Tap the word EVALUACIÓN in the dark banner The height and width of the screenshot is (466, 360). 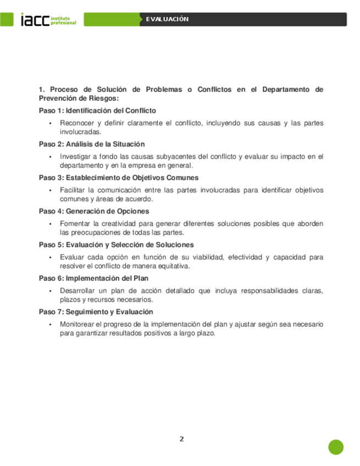coord(167,19)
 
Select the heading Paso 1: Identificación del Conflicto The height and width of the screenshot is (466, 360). coord(97,110)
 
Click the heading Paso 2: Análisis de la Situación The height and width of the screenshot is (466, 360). coord(91,144)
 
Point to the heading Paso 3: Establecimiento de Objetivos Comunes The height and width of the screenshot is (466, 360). coord(118,177)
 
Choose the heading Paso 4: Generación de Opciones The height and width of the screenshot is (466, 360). coord(93,211)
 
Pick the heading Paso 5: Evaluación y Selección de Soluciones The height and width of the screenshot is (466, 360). coord(116,245)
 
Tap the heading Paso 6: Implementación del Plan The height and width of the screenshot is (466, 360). coord(93,278)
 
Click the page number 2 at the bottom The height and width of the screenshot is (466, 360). coord(181,439)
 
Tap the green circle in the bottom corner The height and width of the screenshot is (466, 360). coord(336,447)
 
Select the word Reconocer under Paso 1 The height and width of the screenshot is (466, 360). coord(77,123)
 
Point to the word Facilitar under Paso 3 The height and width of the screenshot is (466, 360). coord(75,190)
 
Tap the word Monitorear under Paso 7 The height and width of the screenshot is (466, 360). coord(79,324)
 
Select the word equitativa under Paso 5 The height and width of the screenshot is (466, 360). coord(172,266)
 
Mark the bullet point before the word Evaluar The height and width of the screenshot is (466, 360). coord(51,257)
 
